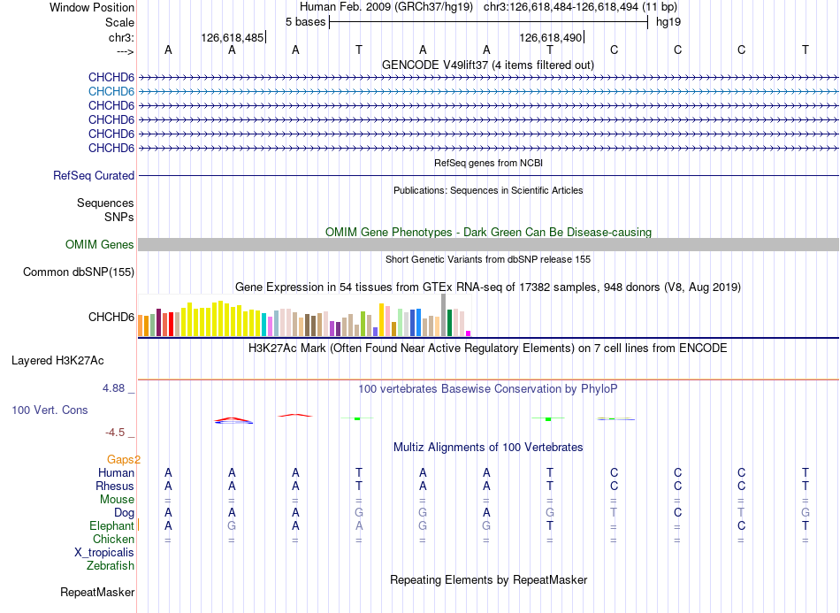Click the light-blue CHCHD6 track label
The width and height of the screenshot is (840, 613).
(x=111, y=92)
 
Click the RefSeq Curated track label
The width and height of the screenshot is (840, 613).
(x=94, y=176)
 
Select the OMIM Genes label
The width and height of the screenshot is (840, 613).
(x=100, y=245)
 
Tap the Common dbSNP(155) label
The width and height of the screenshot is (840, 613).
(x=79, y=272)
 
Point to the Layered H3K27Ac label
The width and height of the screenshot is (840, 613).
(x=57, y=361)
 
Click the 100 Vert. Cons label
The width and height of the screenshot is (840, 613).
(x=50, y=410)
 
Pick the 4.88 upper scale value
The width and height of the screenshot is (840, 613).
(x=113, y=388)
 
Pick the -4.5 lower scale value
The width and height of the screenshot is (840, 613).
(x=115, y=433)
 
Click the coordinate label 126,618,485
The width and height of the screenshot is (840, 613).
(x=233, y=37)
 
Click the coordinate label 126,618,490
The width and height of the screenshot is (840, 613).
(x=551, y=37)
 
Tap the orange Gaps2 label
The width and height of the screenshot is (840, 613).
(x=124, y=459)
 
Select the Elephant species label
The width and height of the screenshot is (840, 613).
(x=111, y=525)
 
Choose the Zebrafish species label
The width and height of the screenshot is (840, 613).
(x=111, y=565)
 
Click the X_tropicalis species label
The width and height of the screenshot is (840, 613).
(x=104, y=553)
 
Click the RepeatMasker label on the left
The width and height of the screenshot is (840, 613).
(x=97, y=592)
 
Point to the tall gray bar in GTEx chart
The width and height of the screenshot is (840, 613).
(x=443, y=315)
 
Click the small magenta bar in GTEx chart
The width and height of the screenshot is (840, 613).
(x=468, y=333)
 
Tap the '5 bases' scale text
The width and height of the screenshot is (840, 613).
(x=305, y=22)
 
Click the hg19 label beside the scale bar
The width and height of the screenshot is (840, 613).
(x=668, y=22)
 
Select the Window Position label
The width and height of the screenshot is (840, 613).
(x=92, y=7)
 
